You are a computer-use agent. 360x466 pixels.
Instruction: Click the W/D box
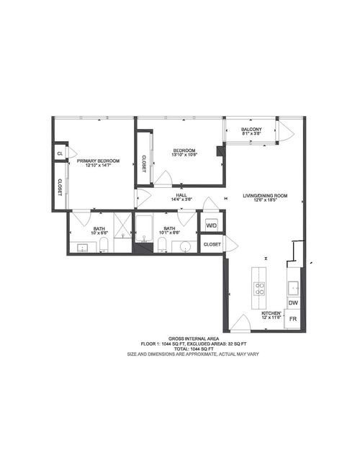pos(212,225)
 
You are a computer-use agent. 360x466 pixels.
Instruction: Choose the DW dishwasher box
pos(293,303)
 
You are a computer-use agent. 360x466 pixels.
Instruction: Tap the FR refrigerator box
pos(293,319)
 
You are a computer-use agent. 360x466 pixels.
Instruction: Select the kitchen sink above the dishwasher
pos(293,289)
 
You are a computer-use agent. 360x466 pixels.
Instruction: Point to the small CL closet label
pos(60,153)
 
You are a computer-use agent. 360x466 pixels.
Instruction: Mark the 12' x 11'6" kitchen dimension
pos(271,318)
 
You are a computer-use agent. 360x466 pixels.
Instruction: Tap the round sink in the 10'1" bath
pos(186,248)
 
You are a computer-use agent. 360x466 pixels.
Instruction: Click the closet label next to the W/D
pos(212,245)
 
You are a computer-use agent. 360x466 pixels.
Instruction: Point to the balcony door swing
pos(284,131)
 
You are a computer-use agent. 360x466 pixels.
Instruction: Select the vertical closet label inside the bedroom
pos(144,163)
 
